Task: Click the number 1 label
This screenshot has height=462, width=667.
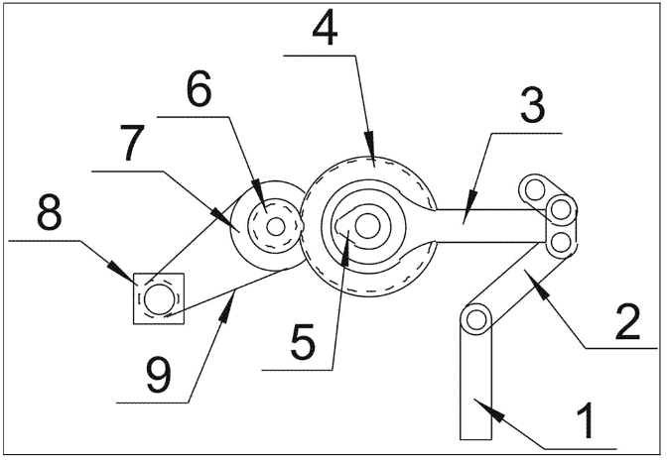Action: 588,421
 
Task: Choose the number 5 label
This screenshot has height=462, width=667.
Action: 303,343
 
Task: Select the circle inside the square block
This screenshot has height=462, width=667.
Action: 158,296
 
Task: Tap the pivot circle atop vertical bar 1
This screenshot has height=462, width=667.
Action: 475,318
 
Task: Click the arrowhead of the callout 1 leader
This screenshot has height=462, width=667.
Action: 480,401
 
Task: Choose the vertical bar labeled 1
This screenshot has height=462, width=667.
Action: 475,387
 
